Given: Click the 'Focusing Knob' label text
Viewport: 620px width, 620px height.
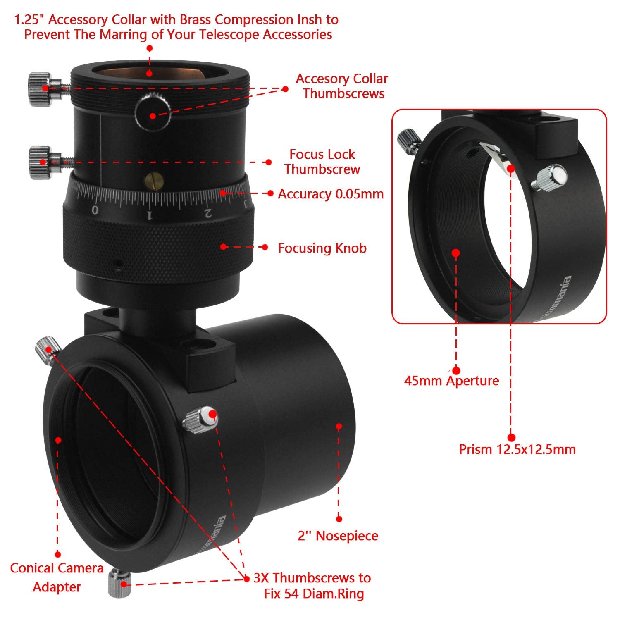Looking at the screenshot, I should click(x=322, y=248).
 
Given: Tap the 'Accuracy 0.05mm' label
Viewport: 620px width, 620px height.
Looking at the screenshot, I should click(x=331, y=194).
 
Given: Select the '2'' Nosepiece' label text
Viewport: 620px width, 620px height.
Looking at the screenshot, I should click(x=338, y=536).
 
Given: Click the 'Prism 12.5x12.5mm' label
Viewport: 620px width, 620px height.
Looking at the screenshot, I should click(x=517, y=449).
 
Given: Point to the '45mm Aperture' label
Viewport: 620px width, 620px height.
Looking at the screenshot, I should click(x=451, y=381).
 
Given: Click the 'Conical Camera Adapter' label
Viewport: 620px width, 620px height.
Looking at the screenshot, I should click(x=57, y=577).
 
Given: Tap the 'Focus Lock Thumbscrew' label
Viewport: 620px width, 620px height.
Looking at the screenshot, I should click(x=322, y=162).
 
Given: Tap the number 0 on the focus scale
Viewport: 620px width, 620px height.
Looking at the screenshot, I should click(x=95, y=210).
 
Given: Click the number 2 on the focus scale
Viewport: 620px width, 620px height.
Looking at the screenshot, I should click(x=209, y=213).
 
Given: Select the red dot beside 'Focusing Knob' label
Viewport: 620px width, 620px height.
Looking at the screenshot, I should click(x=265, y=247).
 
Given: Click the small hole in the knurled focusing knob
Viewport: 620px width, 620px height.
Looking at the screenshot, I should click(x=119, y=263).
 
